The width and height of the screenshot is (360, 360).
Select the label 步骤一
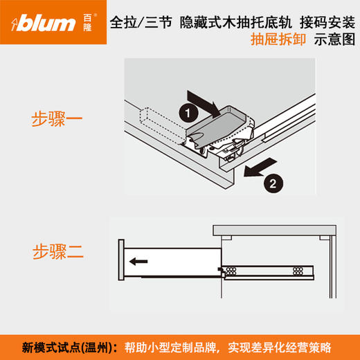57,118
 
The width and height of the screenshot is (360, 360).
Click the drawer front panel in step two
121,261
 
